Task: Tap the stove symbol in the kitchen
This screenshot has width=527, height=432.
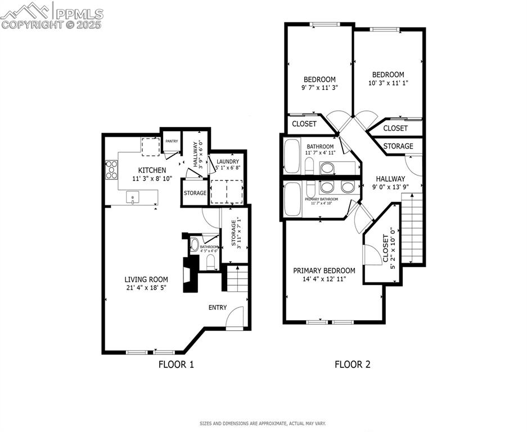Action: pyautogui.click(x=111, y=169)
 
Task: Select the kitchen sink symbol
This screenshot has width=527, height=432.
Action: pyautogui.click(x=133, y=197)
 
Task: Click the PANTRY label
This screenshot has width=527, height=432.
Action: pyautogui.click(x=172, y=141)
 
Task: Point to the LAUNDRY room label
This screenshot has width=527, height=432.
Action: pyautogui.click(x=228, y=162)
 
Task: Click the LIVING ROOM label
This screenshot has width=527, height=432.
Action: pyautogui.click(x=146, y=279)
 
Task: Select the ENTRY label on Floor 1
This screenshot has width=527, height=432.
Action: pyautogui.click(x=218, y=307)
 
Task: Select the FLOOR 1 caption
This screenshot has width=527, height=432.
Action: pyautogui.click(x=176, y=364)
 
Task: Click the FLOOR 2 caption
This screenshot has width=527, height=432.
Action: pyautogui.click(x=353, y=364)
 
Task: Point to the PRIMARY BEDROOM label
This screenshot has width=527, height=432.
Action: pyautogui.click(x=324, y=271)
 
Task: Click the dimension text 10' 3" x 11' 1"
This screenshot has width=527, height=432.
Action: pyautogui.click(x=388, y=83)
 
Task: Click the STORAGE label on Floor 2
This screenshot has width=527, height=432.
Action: pyautogui.click(x=398, y=146)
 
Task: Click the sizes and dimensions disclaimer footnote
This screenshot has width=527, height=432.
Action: pyautogui.click(x=263, y=423)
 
